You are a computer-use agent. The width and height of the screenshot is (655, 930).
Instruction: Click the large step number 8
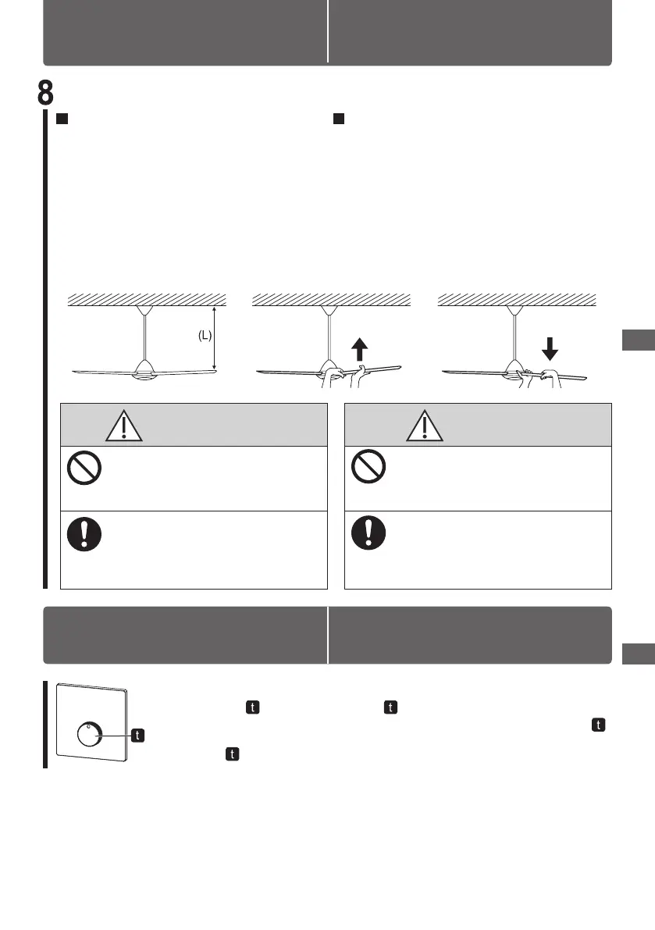(x=46, y=92)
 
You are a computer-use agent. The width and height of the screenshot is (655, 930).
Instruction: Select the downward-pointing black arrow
(x=550, y=347)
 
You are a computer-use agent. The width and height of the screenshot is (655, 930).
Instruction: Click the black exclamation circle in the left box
(x=82, y=533)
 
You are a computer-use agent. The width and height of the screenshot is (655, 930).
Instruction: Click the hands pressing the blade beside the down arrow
(x=540, y=376)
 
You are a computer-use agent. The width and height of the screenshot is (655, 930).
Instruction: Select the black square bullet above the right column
(x=339, y=119)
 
